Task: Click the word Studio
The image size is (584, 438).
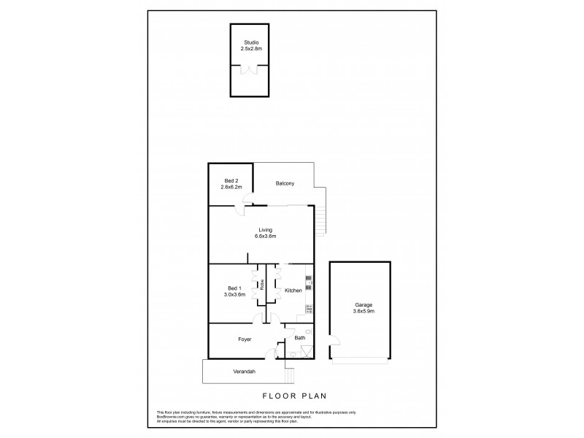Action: click(250, 43)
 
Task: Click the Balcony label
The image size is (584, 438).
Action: click(285, 183)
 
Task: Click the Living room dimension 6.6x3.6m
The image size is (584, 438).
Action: click(265, 236)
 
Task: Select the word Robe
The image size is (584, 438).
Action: click(261, 286)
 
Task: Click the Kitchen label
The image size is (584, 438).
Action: click(293, 291)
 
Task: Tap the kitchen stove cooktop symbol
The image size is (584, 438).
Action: click(309, 309)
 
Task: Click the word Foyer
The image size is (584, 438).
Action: click(245, 339)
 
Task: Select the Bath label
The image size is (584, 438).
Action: click(299, 338)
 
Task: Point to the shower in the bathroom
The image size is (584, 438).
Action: click(308, 352)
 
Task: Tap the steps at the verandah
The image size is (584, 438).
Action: click(289, 375)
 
